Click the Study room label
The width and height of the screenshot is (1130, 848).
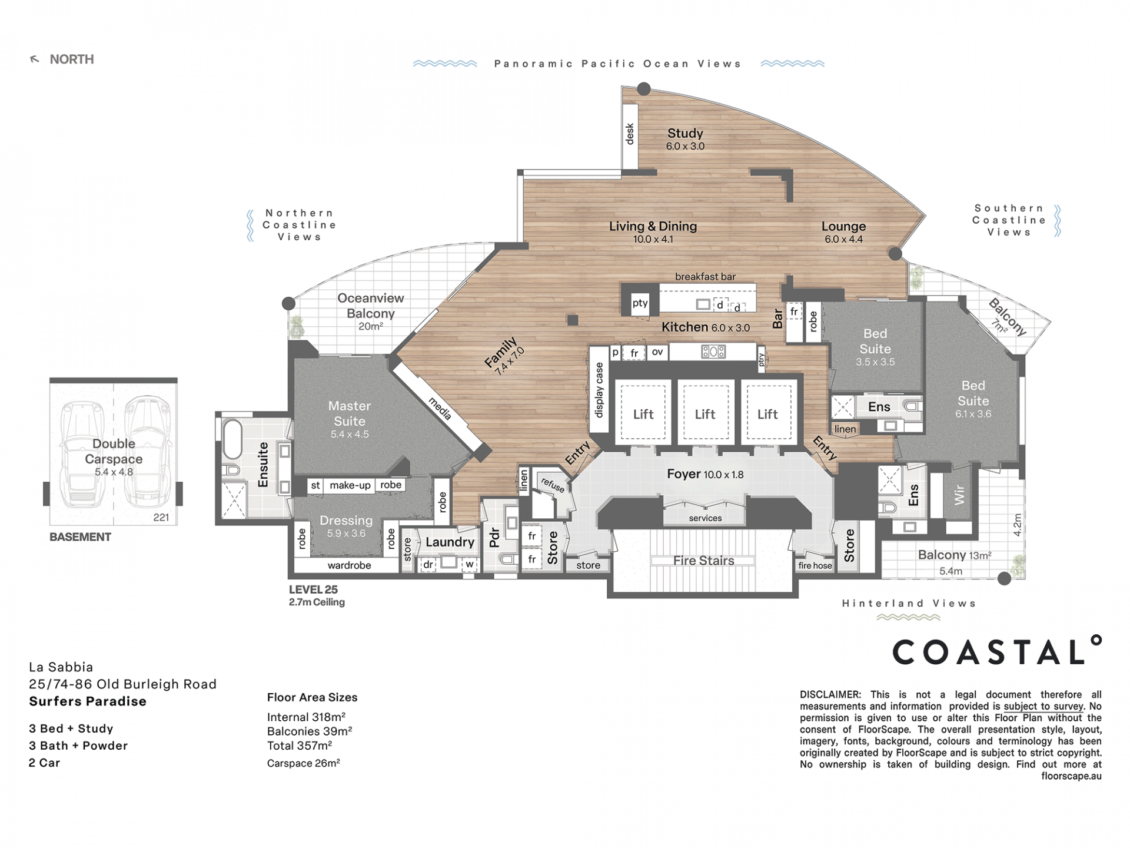coord(685,134)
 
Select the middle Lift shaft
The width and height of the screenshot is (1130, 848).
coord(705,413)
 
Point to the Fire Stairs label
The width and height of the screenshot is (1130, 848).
coord(703,561)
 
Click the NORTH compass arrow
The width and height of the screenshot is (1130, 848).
coord(35,59)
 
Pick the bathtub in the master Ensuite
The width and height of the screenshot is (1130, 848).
coord(232,438)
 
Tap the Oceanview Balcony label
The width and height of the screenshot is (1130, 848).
coord(371,306)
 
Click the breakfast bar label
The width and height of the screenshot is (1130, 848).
coord(705,276)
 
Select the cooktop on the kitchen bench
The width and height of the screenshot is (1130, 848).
coord(713,352)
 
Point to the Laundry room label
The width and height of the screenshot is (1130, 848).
coord(450,542)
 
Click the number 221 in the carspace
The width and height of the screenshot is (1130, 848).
coord(161,518)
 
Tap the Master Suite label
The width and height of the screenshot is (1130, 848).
coord(350,413)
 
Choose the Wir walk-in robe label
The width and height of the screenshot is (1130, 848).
coord(959,495)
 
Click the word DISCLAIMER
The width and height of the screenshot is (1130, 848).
coord(830,695)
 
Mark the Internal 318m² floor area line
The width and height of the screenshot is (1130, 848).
coord(306,717)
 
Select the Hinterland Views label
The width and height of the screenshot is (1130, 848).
coord(909,603)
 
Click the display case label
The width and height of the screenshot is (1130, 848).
coord(599,390)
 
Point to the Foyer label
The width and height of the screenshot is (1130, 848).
coord(684,474)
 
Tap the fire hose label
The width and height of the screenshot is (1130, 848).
coord(815,565)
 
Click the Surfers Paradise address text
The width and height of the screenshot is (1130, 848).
coord(88,701)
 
